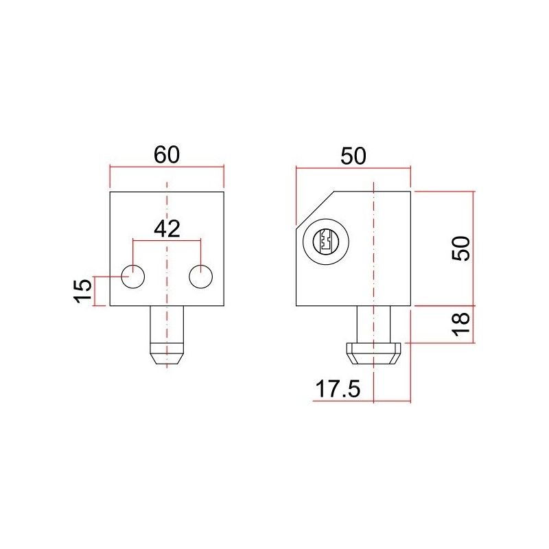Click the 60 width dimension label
167,154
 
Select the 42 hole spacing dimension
167,229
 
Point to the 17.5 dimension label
337,389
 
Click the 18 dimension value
463,323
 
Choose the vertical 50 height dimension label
463,248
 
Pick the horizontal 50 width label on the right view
353,156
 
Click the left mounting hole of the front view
133,276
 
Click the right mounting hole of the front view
201,276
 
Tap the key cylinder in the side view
325,241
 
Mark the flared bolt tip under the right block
373,353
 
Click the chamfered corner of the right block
314,207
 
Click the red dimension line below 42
167,240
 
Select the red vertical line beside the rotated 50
474,248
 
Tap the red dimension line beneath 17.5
357,401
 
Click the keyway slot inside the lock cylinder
325,241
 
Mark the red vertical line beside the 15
94,290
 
